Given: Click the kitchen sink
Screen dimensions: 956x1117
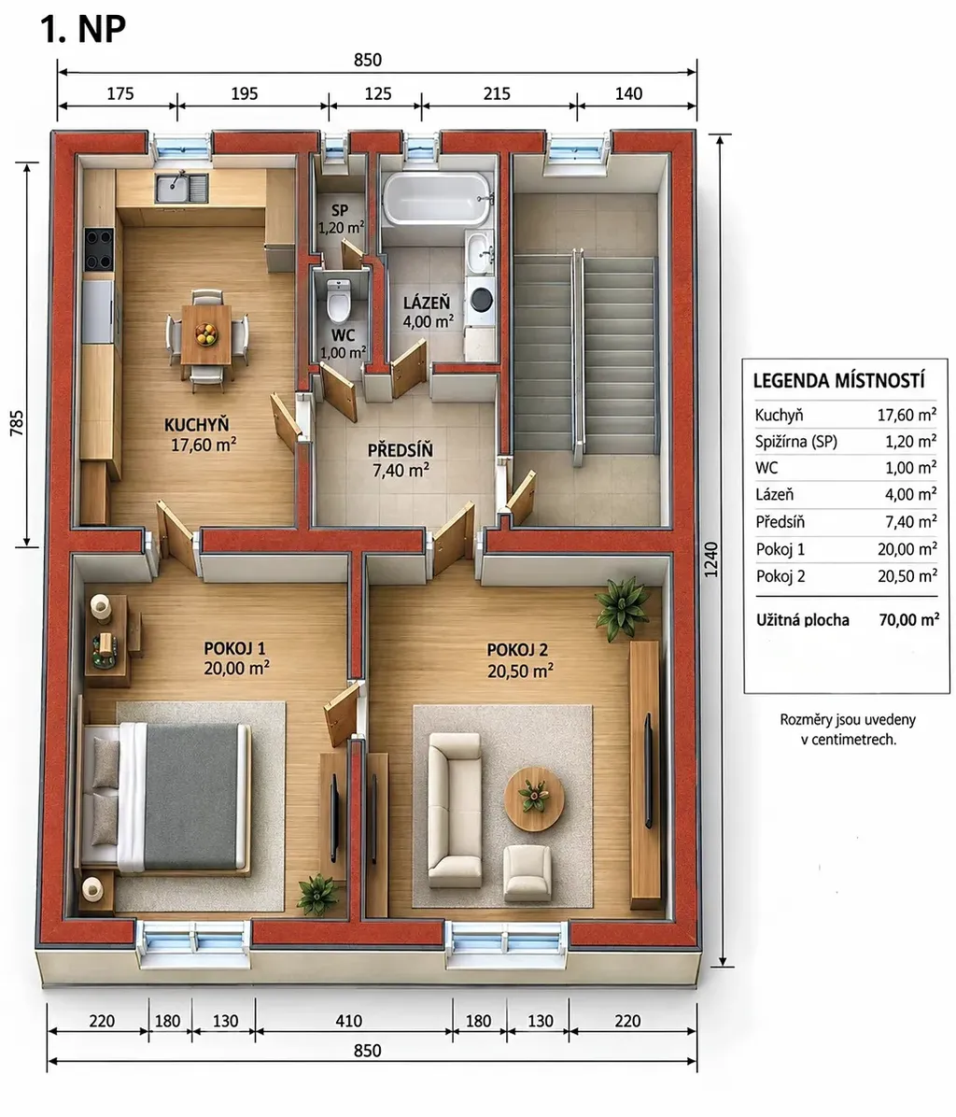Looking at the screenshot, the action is point(181,188).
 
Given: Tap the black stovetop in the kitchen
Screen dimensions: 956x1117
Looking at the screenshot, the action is point(99,249).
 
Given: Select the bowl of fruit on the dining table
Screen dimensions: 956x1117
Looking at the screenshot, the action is point(206,332).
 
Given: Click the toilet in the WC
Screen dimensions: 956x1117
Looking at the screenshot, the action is point(339,300).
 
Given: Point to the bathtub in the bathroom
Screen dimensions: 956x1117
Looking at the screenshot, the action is point(438,199).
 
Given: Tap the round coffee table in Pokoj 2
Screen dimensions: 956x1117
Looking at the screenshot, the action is point(534,798).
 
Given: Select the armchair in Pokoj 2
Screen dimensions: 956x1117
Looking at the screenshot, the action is point(527,872).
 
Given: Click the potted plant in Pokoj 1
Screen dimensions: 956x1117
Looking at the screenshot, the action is point(317,893).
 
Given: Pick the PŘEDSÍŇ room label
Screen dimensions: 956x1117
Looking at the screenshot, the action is point(401,450).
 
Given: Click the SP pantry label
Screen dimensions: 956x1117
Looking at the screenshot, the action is point(340,210).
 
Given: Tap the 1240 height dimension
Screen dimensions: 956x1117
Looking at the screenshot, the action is point(710,559).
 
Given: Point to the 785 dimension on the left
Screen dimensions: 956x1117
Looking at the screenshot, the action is point(17,422).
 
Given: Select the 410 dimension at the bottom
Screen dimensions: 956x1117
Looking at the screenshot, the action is point(349,1021).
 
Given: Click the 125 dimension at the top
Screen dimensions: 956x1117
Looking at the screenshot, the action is point(377,93).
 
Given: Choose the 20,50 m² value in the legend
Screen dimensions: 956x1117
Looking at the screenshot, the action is point(907,575).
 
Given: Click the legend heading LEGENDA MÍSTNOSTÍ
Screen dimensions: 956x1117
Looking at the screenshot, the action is point(838,380).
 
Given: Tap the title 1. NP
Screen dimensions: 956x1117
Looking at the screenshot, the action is point(82,29).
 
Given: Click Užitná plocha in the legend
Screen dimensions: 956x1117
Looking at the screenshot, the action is point(802,620).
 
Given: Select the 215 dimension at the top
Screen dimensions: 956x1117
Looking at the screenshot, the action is point(497,93).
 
